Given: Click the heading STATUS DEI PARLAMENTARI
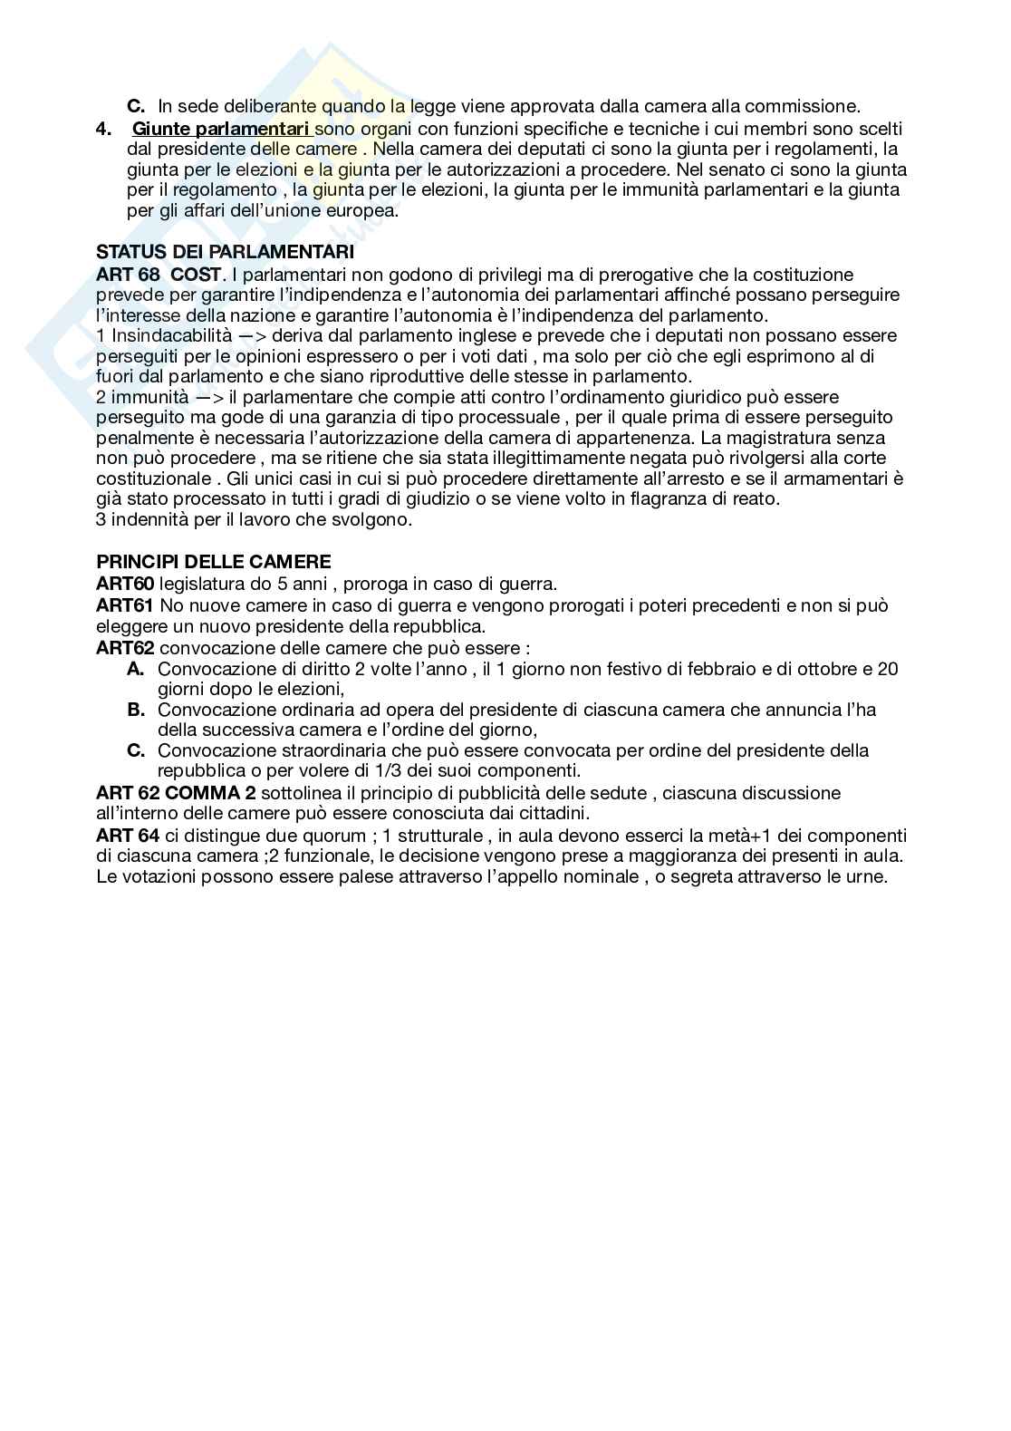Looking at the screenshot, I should [x=225, y=253].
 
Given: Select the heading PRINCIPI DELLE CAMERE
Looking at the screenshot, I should [x=214, y=562].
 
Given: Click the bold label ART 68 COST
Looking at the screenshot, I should [x=159, y=274].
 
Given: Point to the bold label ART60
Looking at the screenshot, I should [x=125, y=584].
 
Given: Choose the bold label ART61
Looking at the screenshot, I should [x=125, y=604].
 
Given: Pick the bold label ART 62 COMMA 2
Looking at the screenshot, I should [x=176, y=793].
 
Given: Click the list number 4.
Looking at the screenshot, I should [x=102, y=130].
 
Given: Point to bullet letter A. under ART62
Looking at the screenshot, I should [x=136, y=669].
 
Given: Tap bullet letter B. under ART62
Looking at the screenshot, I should [x=136, y=710].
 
